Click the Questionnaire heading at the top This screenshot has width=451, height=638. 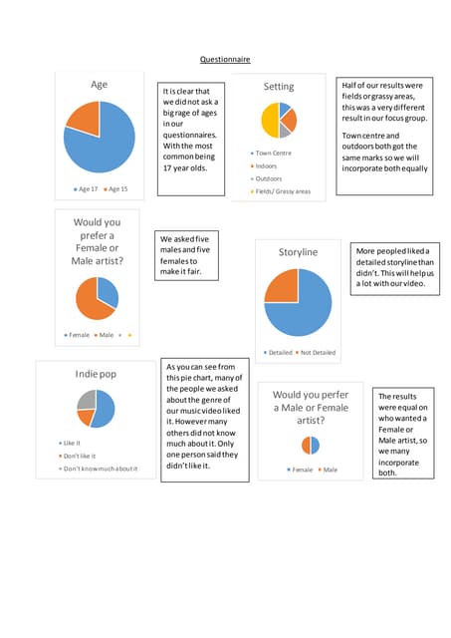point(225,60)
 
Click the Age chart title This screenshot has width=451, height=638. point(100,85)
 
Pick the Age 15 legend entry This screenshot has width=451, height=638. point(117,188)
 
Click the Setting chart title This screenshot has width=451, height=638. point(279,87)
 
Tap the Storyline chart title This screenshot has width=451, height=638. point(298,252)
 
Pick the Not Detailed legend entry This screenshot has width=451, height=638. point(318,352)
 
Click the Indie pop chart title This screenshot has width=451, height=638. point(96,374)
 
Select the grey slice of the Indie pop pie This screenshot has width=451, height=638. point(86,399)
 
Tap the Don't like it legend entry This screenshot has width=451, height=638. point(85,455)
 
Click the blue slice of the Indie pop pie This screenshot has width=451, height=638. point(105,409)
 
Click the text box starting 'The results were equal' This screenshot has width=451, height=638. point(402,435)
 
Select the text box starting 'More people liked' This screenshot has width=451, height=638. point(392,267)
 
